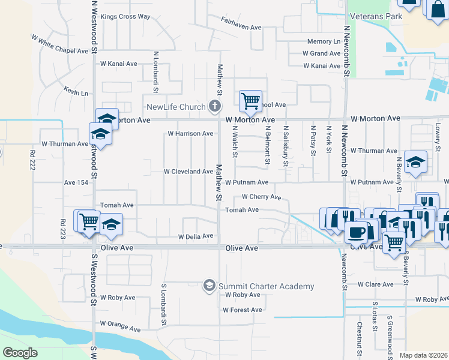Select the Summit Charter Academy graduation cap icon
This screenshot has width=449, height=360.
(x=209, y=285)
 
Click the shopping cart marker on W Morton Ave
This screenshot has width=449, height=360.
(x=250, y=100)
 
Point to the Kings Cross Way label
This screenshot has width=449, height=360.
(x=125, y=16)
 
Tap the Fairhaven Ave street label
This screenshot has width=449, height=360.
(x=243, y=27)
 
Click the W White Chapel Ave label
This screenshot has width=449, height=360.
(x=60, y=45)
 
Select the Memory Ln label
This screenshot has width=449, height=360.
(x=324, y=41)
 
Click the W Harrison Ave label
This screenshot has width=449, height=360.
(x=190, y=133)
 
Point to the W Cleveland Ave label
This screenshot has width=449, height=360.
(x=188, y=171)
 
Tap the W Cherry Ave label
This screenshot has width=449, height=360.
(x=261, y=197)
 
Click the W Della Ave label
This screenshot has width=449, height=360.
(x=196, y=236)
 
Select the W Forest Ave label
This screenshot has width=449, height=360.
(x=243, y=310)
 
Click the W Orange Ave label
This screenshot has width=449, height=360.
(x=120, y=329)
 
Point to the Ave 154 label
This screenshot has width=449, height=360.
(x=76, y=182)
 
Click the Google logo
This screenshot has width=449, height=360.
(x=20, y=353)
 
